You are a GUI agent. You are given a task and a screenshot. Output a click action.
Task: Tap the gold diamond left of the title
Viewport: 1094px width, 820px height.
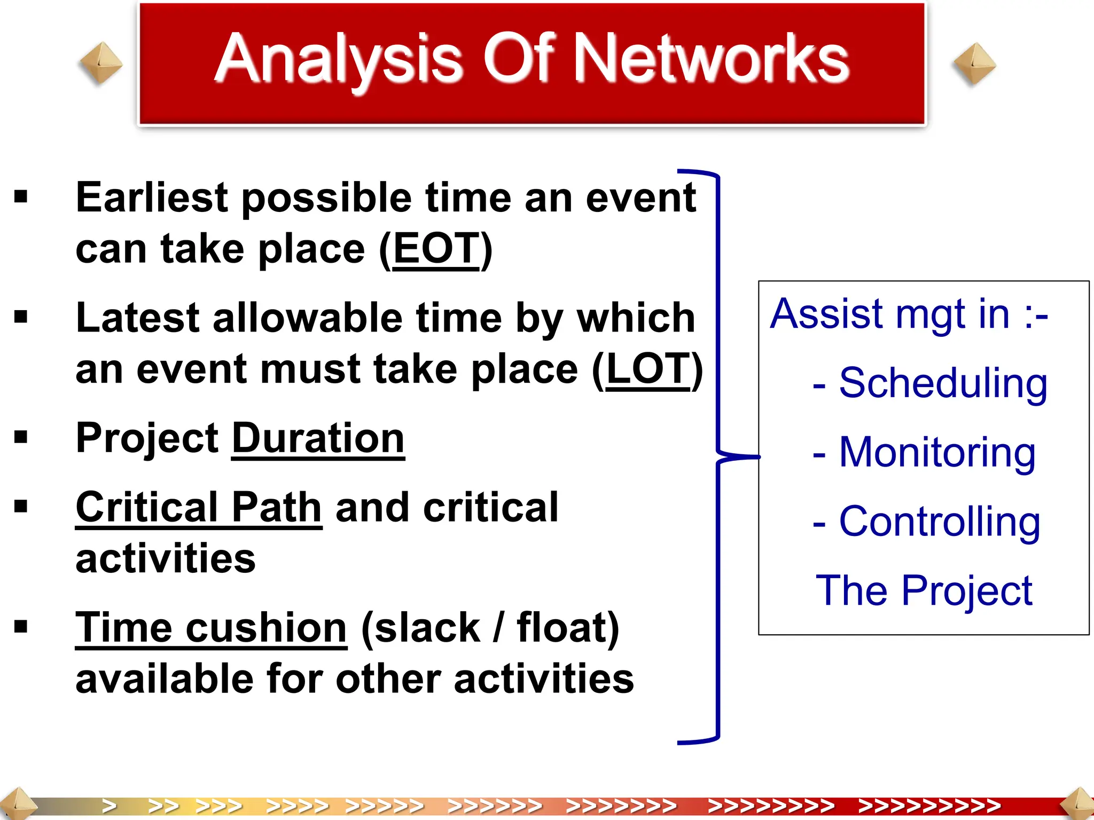(x=100, y=64)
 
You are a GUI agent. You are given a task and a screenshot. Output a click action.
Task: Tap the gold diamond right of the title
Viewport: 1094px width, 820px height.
(x=974, y=64)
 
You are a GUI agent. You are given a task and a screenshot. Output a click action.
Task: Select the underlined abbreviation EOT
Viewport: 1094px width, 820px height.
(x=436, y=249)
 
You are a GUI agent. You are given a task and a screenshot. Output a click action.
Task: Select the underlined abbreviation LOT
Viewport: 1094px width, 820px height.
(x=648, y=369)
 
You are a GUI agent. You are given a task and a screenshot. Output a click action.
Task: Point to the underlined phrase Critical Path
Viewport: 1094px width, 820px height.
(x=199, y=507)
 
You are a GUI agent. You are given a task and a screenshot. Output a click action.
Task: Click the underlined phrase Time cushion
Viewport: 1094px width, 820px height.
(x=212, y=628)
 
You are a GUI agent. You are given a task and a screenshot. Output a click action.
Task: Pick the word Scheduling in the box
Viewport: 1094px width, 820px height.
(x=942, y=383)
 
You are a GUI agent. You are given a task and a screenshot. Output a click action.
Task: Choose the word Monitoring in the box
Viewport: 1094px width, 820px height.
(x=937, y=453)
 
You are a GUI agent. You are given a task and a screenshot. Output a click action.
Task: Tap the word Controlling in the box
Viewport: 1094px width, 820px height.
(x=939, y=522)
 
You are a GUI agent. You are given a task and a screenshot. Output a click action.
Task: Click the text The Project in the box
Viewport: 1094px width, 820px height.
(x=924, y=591)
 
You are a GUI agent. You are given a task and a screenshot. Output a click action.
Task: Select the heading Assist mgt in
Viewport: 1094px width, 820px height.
(x=908, y=314)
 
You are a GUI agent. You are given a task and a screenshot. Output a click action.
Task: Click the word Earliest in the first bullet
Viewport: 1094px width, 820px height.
(x=153, y=198)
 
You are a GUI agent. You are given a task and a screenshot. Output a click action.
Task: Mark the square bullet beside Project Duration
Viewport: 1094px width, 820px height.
(x=21, y=438)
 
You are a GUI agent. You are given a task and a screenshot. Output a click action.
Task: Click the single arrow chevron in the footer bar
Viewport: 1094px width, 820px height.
(x=109, y=806)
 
